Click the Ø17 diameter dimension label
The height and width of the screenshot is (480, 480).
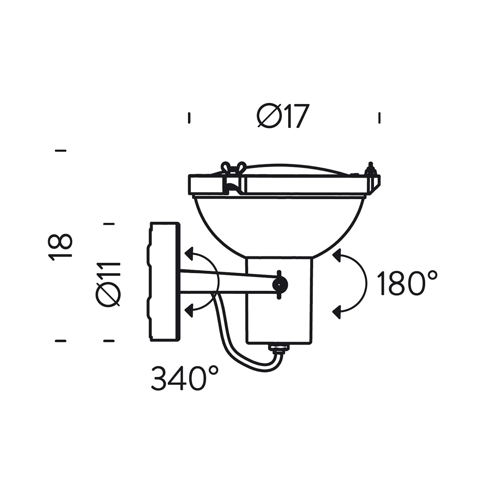pyautogui.click(x=283, y=116)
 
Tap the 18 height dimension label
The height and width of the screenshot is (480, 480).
pyautogui.click(x=60, y=246)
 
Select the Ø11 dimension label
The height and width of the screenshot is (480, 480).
pyautogui.click(x=108, y=285)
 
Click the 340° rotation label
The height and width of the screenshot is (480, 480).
pyautogui.click(x=185, y=378)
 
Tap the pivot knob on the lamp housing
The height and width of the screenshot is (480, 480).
pyautogui.click(x=280, y=284)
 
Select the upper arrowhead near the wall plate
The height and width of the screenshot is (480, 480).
pyautogui.click(x=189, y=253)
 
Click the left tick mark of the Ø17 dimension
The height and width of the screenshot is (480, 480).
pyautogui.click(x=189, y=118)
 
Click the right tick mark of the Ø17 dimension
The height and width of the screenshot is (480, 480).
pyautogui.click(x=379, y=118)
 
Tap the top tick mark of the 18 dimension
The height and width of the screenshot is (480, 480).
pyautogui.click(x=60, y=151)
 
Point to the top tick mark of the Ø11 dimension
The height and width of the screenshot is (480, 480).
pyautogui.click(x=109, y=224)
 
